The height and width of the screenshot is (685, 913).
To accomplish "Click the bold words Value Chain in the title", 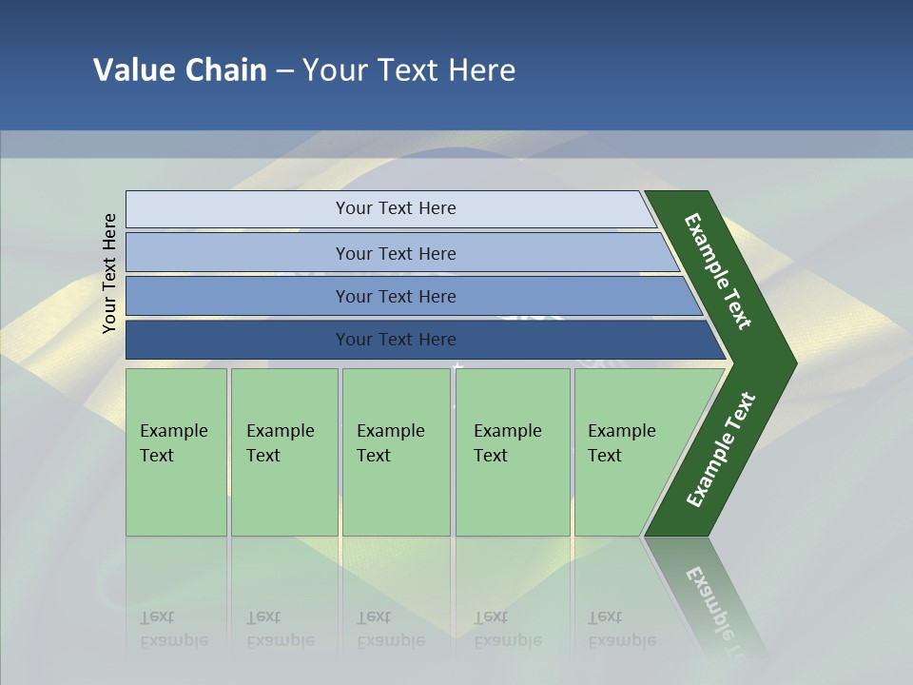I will click(180, 70).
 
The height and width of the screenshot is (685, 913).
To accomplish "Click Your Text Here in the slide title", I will click(409, 70).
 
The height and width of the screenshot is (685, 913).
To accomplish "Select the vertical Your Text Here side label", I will click(109, 273).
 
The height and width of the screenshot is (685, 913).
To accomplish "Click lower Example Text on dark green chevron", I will click(721, 449).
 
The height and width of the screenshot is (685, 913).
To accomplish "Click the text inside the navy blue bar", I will click(396, 340).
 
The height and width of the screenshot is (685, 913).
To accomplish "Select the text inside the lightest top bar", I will click(396, 208).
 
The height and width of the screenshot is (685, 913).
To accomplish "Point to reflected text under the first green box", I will click(173, 629).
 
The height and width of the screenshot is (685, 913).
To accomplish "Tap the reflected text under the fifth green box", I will click(621, 629).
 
